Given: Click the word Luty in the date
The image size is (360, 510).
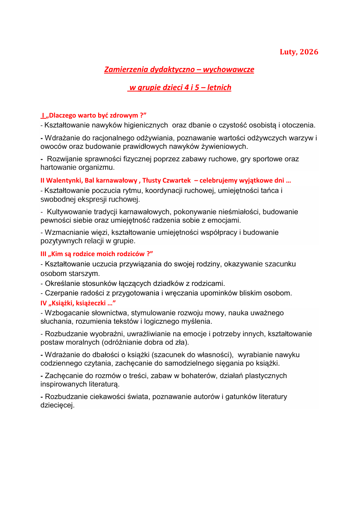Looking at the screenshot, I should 288,52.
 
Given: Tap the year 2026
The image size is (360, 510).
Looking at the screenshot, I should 309,52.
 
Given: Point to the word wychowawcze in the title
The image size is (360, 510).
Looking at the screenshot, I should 228,69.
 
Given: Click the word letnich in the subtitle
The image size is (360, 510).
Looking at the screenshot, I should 219,87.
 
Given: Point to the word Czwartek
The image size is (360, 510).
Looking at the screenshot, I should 178,180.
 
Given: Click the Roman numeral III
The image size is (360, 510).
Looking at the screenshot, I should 43,254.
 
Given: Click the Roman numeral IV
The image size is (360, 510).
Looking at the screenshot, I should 44,303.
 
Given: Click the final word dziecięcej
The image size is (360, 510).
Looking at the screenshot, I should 57,405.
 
